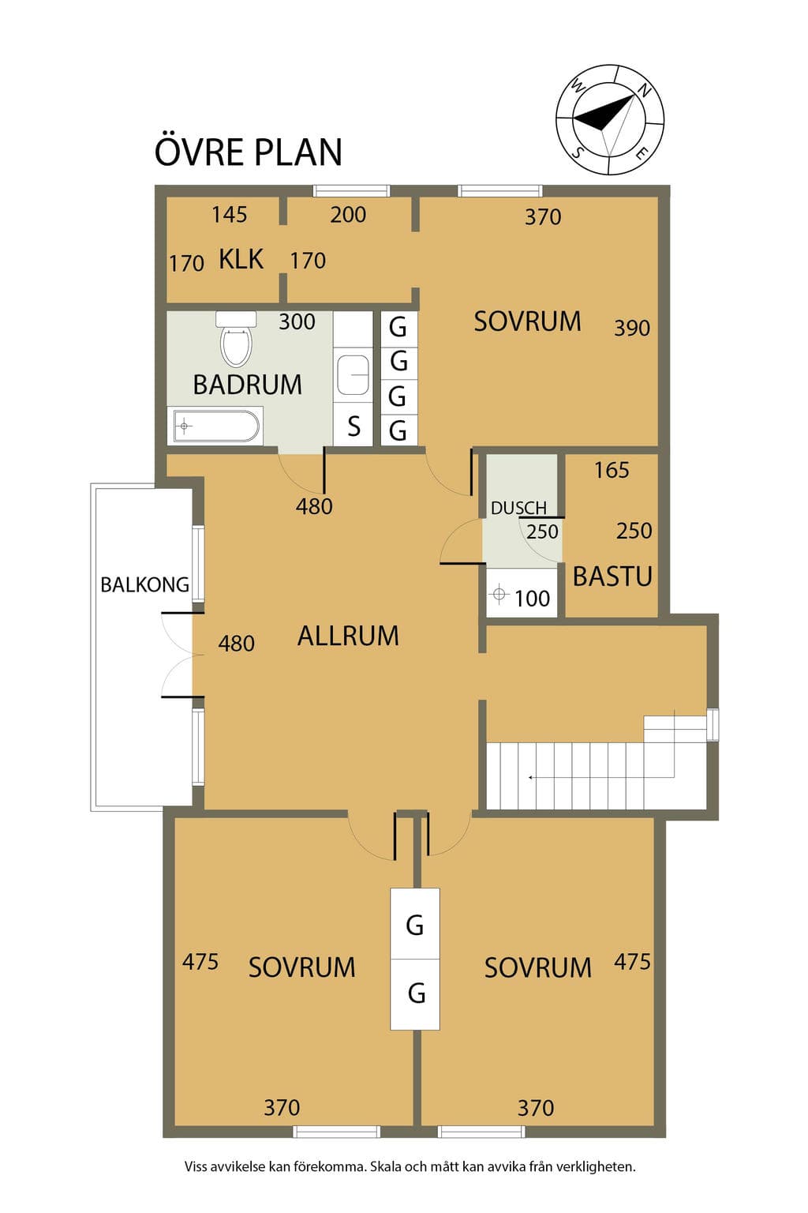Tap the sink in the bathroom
point(353,375)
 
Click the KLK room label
point(241,259)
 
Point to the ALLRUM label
point(348,636)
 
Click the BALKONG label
point(145,585)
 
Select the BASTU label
point(612,576)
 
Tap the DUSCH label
point(518,508)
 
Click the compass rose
point(610,120)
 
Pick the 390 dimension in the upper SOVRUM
point(631,329)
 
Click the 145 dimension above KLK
point(230,215)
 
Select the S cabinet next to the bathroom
point(354,426)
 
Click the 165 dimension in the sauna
point(612,470)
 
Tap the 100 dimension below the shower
point(532,599)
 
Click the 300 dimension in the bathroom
point(297,321)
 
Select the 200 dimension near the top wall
point(348,215)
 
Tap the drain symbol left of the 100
point(499,594)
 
